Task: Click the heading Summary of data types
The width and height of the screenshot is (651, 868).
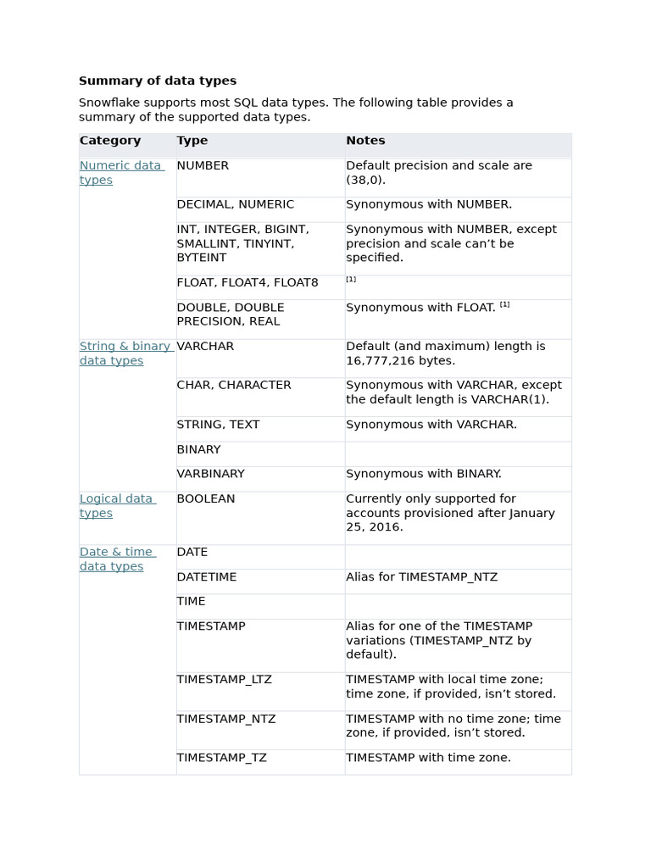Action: coord(158,81)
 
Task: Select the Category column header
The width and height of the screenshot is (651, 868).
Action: coord(110,141)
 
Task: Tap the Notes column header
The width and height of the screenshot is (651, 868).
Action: coord(365,141)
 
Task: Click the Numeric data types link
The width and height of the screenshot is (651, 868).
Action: coord(120,172)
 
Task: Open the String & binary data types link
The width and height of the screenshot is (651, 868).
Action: coord(125,353)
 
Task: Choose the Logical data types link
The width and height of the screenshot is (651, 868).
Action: coord(116,506)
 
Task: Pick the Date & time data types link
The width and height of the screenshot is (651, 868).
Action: coord(116,559)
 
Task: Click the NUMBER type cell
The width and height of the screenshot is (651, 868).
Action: coord(203,165)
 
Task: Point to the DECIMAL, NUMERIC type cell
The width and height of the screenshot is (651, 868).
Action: coord(235,204)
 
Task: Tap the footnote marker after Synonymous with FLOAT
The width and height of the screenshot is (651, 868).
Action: coord(504,304)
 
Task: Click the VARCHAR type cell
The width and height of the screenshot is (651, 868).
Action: coord(205,346)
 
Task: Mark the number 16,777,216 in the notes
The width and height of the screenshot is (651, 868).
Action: coord(382,360)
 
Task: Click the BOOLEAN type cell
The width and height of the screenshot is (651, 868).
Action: coord(206,498)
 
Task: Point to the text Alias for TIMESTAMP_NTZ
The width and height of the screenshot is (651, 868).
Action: coord(421,576)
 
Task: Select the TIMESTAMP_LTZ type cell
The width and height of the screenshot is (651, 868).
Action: coord(224,679)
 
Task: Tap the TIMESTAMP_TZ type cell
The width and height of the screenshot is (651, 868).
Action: coord(221,757)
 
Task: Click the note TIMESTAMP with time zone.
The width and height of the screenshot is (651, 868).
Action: coord(428,757)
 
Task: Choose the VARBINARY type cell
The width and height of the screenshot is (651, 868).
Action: coord(210,474)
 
